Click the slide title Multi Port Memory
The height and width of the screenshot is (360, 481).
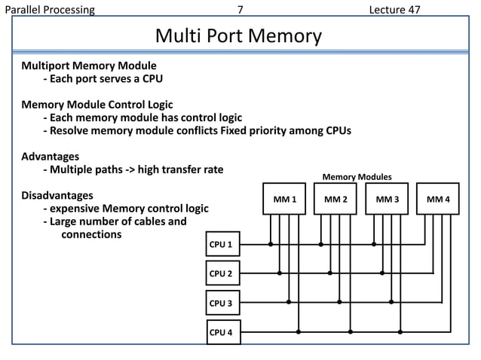tap(238, 36)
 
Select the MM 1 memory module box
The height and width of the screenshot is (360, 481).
tap(284, 199)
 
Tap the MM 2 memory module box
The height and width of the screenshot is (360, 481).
tap(335, 199)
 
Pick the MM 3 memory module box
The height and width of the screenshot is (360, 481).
tap(387, 199)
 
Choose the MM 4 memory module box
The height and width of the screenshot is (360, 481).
tap(438, 199)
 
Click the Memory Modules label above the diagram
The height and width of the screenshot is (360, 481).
tap(357, 177)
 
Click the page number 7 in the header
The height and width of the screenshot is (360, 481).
tap(240, 10)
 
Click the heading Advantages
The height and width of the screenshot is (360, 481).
tap(50, 156)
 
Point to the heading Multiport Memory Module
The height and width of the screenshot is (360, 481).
tap(88, 65)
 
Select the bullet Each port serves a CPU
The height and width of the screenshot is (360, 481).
tap(103, 78)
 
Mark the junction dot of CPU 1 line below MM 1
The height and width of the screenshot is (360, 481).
tap(271, 244)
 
